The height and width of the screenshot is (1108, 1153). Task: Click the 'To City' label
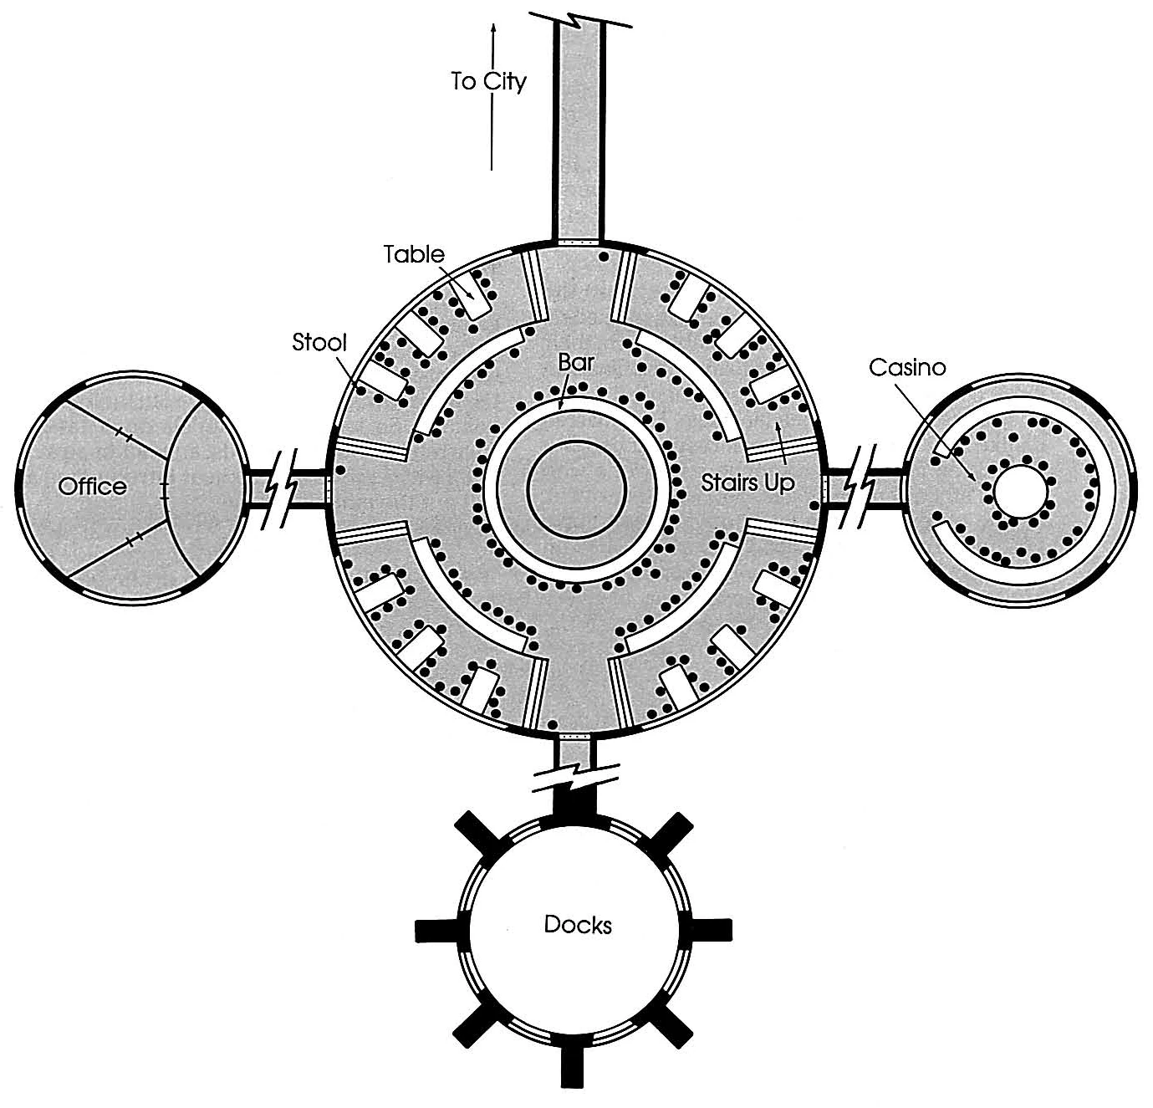(x=488, y=81)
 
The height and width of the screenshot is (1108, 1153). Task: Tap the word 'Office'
(x=92, y=487)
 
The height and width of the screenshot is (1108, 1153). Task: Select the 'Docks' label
(x=577, y=925)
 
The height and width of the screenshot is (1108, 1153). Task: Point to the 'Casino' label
(x=907, y=367)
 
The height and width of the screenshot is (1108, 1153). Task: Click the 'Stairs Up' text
(x=747, y=483)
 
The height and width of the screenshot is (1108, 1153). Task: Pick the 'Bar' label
(x=576, y=364)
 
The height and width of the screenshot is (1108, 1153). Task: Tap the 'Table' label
(x=415, y=254)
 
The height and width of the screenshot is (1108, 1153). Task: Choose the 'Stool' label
(x=319, y=342)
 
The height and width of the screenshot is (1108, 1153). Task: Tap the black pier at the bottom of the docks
(x=572, y=1069)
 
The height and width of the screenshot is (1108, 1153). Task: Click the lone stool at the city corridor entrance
(x=602, y=258)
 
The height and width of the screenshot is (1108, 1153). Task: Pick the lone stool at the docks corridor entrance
(x=552, y=723)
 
